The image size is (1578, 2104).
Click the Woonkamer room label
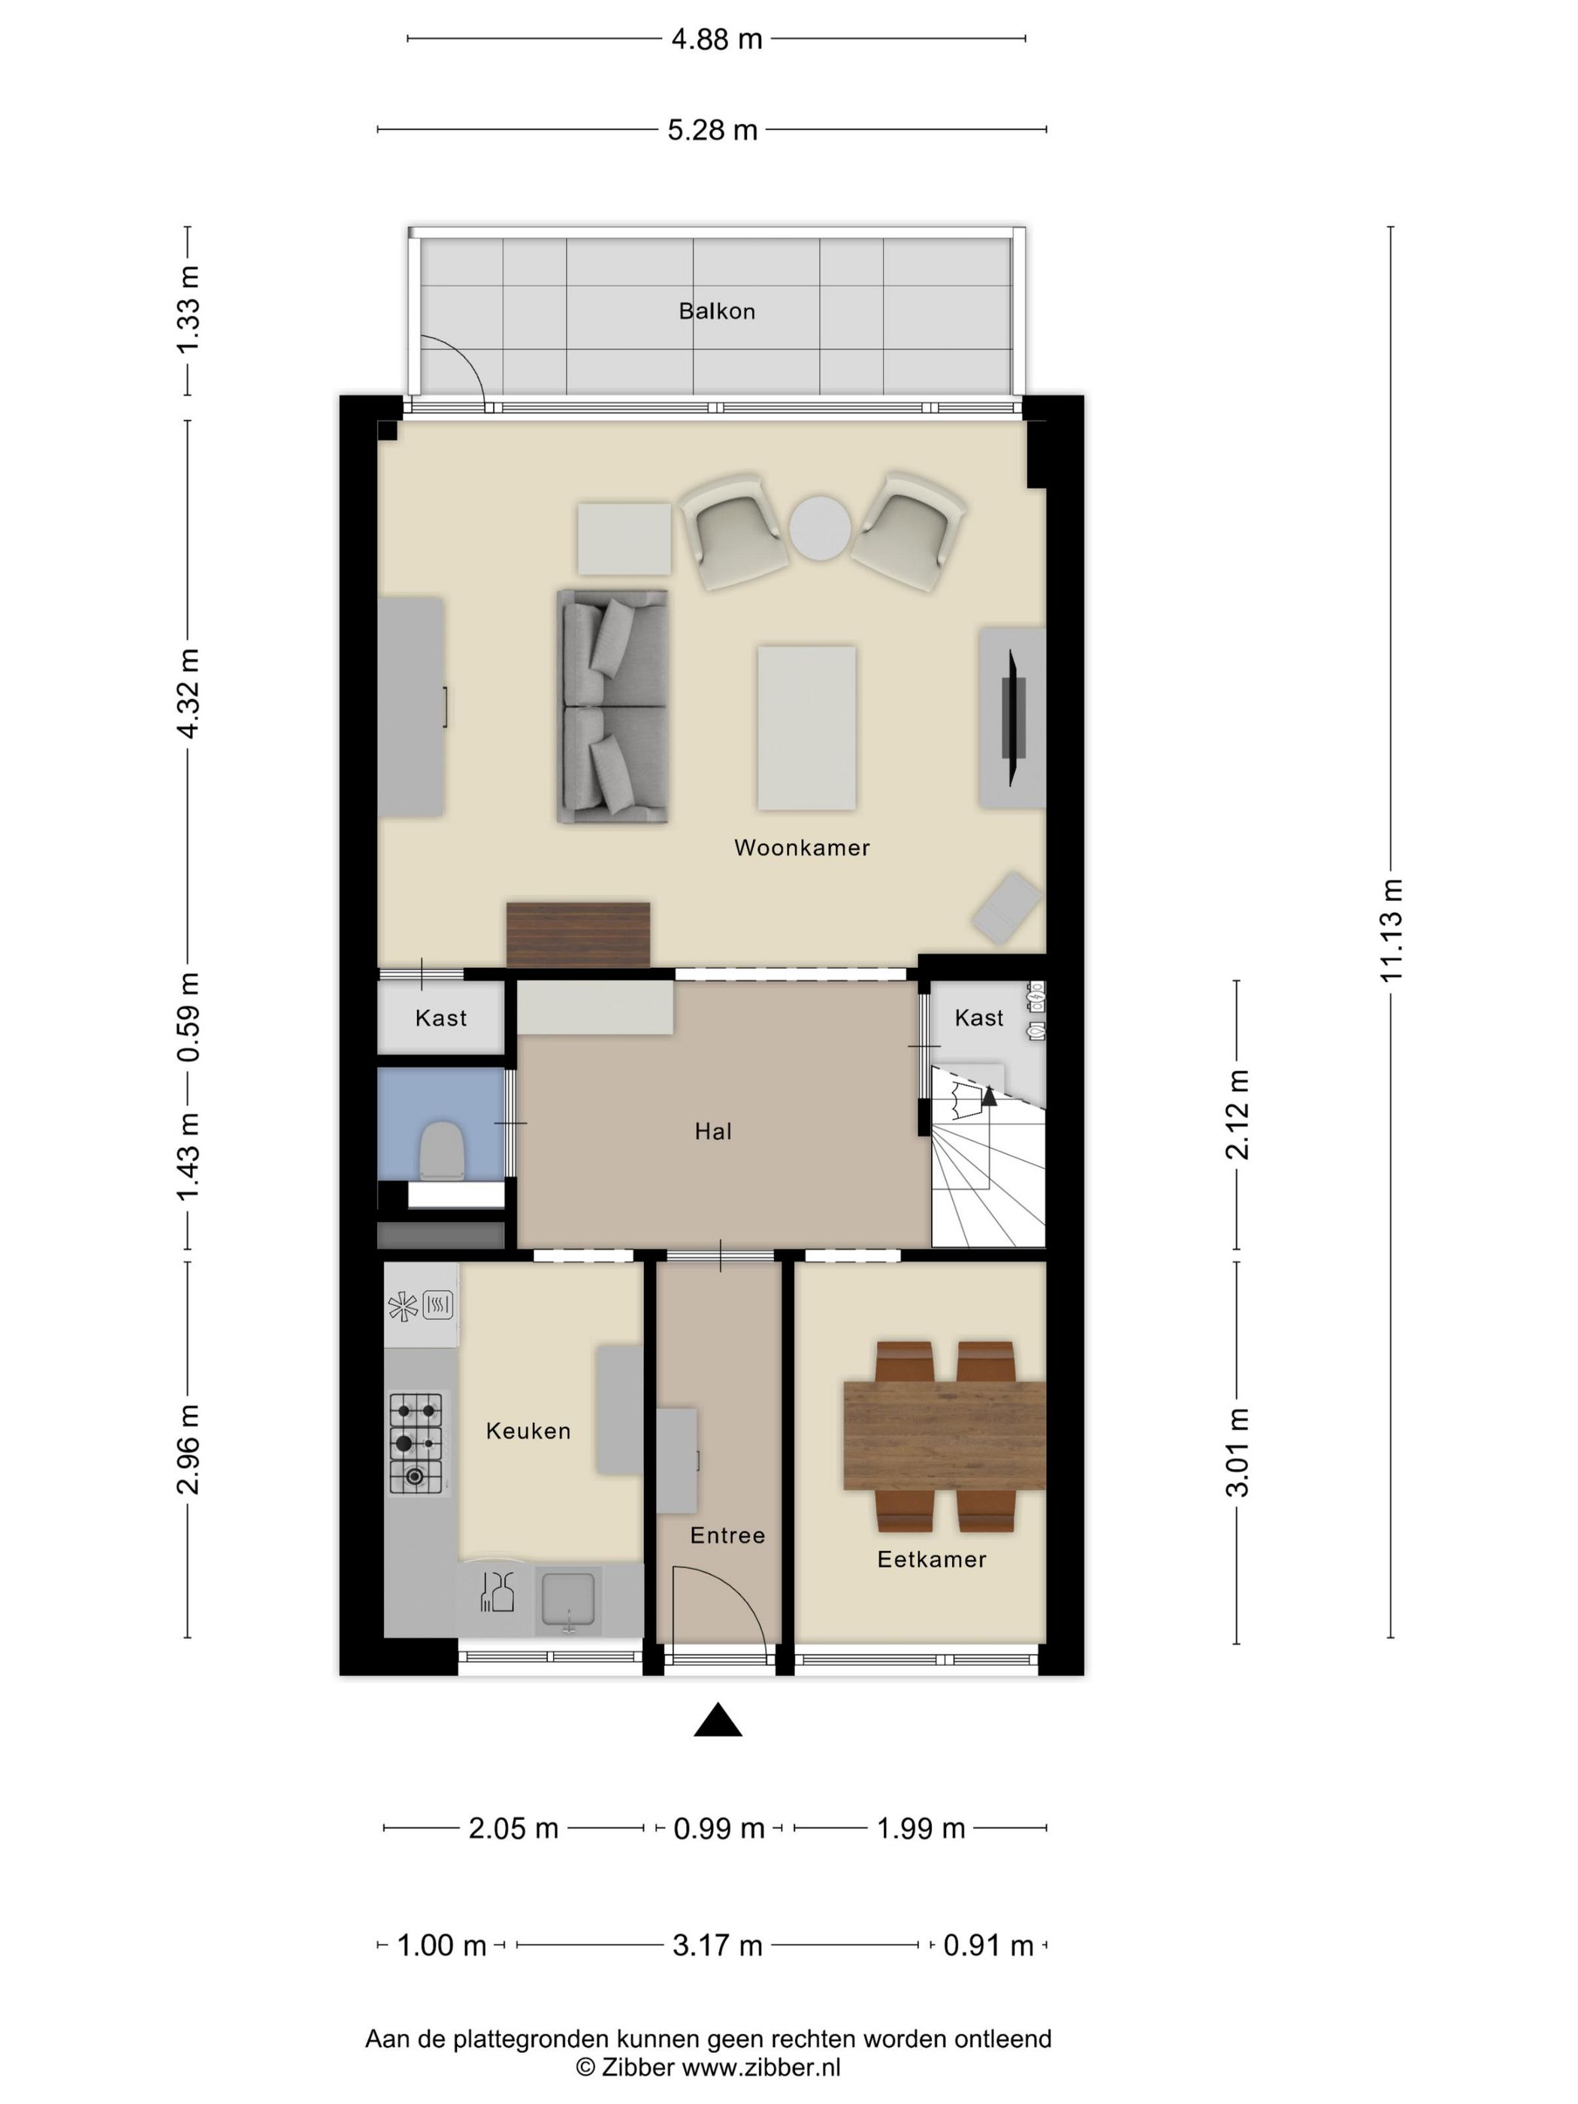(801, 847)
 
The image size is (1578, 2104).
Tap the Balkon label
(716, 311)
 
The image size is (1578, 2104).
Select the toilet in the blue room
(443, 1150)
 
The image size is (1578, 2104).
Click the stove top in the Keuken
(416, 1442)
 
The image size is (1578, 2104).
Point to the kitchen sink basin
(568, 1598)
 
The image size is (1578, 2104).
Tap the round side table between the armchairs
(819, 528)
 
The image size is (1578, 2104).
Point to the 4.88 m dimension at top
(716, 39)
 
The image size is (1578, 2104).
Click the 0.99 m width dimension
(718, 1828)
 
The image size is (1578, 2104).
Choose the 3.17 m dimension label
(717, 1945)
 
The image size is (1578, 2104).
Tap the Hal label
(712, 1131)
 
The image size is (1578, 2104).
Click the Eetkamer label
(931, 1559)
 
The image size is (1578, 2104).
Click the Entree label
(727, 1535)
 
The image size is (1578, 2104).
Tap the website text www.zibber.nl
(761, 2067)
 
